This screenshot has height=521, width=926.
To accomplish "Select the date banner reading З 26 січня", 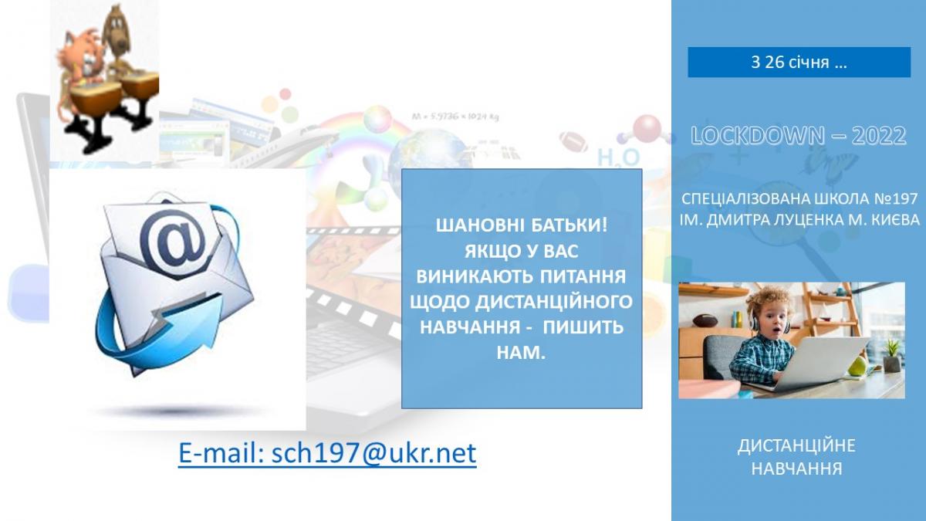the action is point(799,62).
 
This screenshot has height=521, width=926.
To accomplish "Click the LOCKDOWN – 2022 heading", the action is point(799,135).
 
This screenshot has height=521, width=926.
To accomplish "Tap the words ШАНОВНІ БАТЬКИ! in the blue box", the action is point(522,225).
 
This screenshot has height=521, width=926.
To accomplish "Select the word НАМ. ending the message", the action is point(521,353).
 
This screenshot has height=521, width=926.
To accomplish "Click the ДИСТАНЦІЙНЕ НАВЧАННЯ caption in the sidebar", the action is point(796,457).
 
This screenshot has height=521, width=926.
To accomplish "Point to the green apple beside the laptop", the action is point(857,367).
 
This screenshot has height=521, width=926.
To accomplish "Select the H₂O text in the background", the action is point(618,159).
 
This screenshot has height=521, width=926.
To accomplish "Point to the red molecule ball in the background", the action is point(647,128).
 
